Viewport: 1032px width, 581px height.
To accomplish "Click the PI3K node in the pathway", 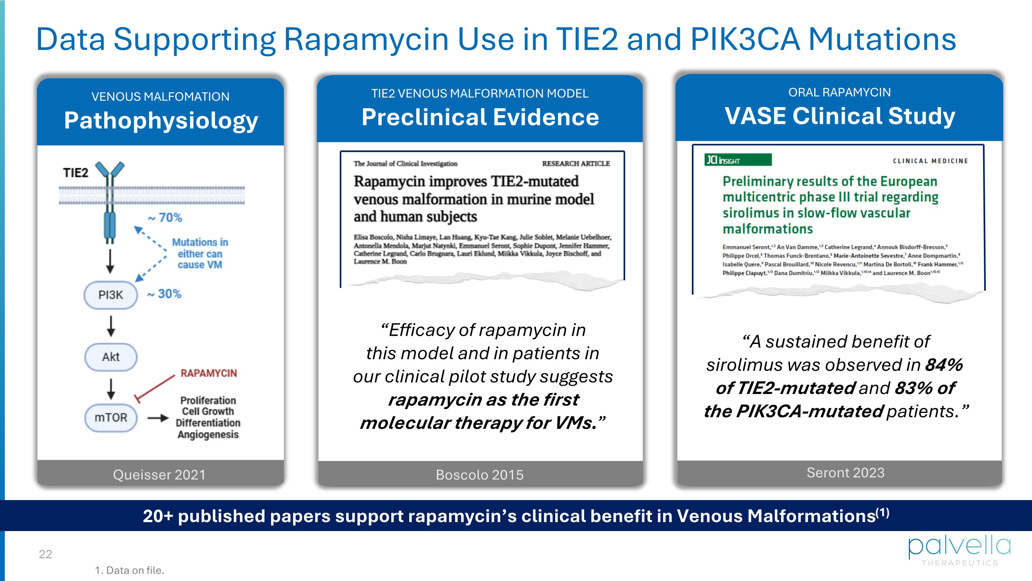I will click(110, 295).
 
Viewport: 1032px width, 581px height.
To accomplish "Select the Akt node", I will click(110, 357).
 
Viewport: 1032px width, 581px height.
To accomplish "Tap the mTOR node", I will click(110, 417).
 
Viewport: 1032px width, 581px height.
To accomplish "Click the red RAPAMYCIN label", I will click(209, 373).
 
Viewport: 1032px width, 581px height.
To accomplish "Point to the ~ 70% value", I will click(165, 218).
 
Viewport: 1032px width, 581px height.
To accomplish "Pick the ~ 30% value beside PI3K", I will click(164, 294).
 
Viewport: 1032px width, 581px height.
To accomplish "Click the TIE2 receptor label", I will click(76, 173).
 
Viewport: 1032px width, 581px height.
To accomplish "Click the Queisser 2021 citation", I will click(159, 474).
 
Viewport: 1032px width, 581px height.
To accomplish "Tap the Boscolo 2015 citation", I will click(480, 475).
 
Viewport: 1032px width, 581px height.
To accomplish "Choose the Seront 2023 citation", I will click(845, 473).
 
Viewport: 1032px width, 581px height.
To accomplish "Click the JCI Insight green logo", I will click(738, 160).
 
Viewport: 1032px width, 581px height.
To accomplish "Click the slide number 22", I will click(45, 554).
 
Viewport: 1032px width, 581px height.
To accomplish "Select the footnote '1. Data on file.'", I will click(129, 570).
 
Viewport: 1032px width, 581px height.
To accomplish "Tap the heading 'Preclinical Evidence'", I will click(480, 117).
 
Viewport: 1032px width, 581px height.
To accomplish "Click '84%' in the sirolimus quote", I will click(944, 365).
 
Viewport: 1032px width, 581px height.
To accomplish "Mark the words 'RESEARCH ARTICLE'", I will click(576, 164).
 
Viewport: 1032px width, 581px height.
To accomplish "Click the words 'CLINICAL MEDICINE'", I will click(930, 161).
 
